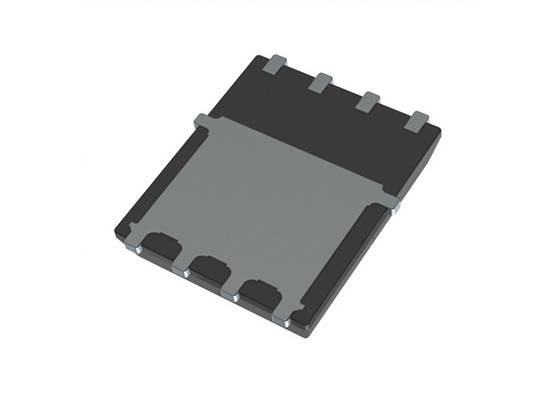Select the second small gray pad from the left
point(321,82)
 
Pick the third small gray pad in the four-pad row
point(368,100)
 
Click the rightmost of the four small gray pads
point(417,121)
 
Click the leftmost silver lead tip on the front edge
point(136,249)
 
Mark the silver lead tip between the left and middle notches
point(181,270)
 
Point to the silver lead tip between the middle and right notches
point(235,295)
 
